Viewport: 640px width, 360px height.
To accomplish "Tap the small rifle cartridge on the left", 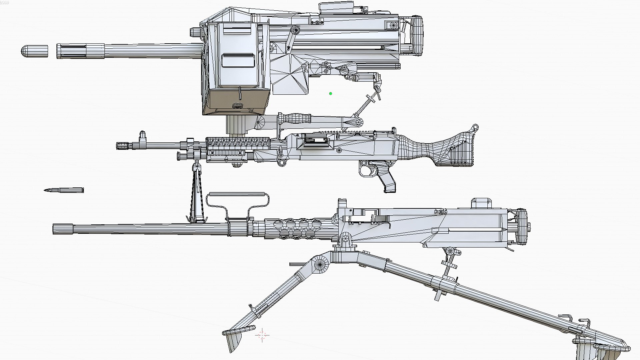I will (x=64, y=190).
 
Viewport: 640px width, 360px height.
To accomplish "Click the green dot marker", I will (x=330, y=94).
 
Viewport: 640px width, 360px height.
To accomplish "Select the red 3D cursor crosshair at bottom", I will (x=262, y=335).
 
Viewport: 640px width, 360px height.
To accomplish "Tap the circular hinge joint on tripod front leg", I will (x=320, y=264).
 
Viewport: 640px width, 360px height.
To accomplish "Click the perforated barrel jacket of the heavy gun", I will (x=293, y=228).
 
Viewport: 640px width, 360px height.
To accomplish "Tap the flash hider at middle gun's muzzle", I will (x=123, y=146).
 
